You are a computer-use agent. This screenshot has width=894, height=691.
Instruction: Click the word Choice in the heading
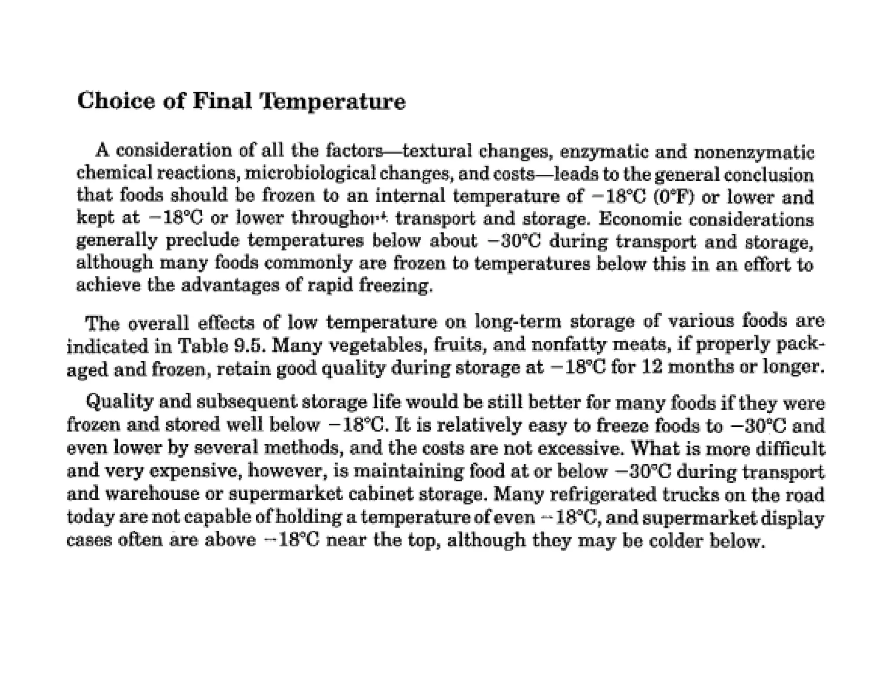tap(116, 101)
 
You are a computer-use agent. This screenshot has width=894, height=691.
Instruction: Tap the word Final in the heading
tap(222, 101)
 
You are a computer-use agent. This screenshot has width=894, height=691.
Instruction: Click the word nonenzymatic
tap(754, 152)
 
